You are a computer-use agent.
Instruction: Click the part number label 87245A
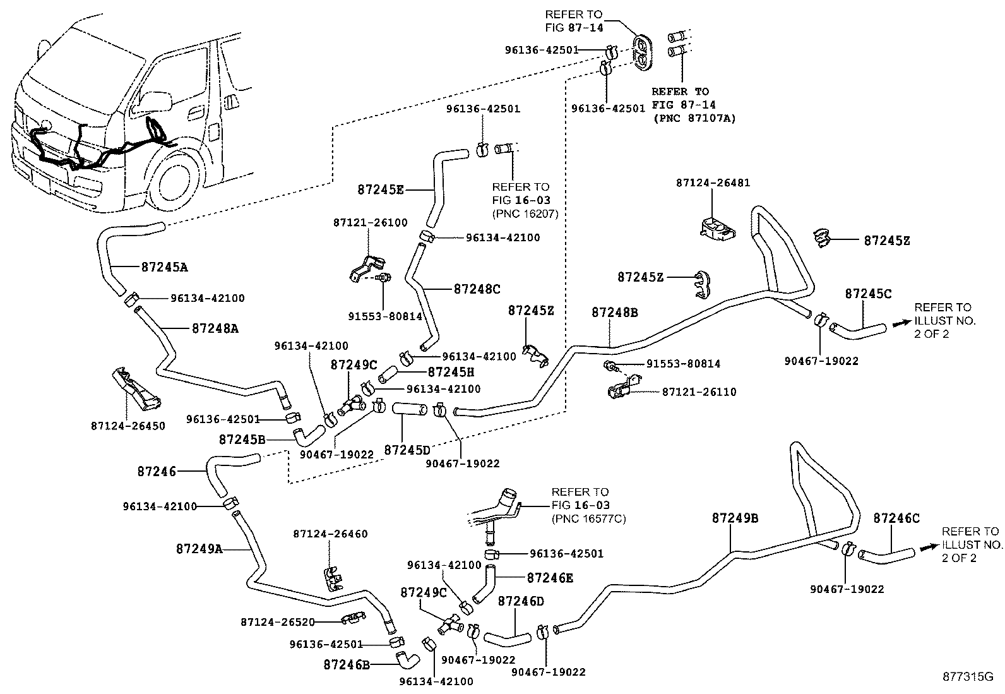click(x=164, y=267)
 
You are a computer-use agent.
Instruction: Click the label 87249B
click(x=735, y=518)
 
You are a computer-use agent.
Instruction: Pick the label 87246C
click(x=896, y=518)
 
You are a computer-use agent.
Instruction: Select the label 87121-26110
click(x=699, y=392)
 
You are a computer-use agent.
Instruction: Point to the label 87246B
click(x=346, y=664)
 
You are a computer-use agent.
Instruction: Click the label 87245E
click(x=380, y=189)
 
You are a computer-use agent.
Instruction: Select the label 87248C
click(x=477, y=289)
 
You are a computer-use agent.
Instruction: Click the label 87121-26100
click(x=370, y=222)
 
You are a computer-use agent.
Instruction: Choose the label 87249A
click(x=199, y=549)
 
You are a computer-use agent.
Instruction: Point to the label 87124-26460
click(x=330, y=534)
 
